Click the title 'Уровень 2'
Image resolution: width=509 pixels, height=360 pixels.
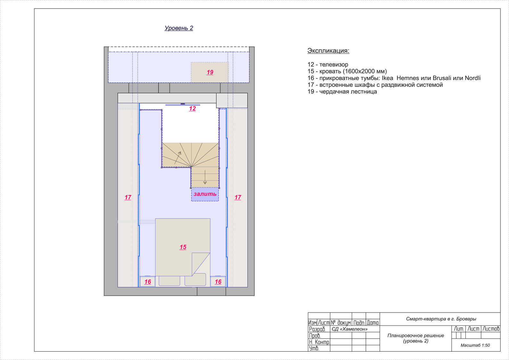pos(179,28)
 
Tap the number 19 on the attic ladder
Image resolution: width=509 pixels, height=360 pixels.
pos(210,72)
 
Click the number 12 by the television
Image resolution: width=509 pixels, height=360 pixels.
pos(192,109)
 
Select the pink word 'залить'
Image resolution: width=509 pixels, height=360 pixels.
pos(205,194)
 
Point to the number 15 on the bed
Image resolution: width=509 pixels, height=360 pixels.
pos(183,247)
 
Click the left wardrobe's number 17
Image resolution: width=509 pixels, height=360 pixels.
pos(128,197)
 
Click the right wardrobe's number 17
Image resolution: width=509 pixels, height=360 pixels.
pos(238,197)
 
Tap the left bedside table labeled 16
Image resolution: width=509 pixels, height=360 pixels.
pos(148,282)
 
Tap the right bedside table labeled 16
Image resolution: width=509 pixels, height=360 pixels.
pos(218,282)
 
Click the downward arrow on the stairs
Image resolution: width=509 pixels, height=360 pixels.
pos(205,177)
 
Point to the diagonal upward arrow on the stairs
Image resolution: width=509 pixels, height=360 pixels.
pos(178,158)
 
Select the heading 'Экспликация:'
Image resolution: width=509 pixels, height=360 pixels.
pos(328,51)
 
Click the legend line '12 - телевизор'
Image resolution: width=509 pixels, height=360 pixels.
pos(328,65)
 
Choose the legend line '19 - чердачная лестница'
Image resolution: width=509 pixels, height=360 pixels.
pos(342,92)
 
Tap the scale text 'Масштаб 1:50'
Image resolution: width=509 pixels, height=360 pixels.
pos(475,345)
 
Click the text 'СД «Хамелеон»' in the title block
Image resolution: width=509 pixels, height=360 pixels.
pos(350,329)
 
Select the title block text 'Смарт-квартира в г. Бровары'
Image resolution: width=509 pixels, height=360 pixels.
pos(441,319)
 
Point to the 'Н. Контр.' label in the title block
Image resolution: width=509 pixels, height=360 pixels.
pos(319,342)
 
